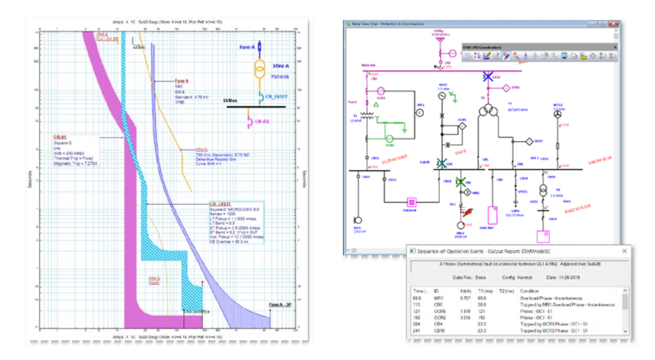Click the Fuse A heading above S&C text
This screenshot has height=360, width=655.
coord(182,81)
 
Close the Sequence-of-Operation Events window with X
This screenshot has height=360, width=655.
coord(624,251)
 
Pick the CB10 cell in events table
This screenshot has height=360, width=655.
coord(439,330)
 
